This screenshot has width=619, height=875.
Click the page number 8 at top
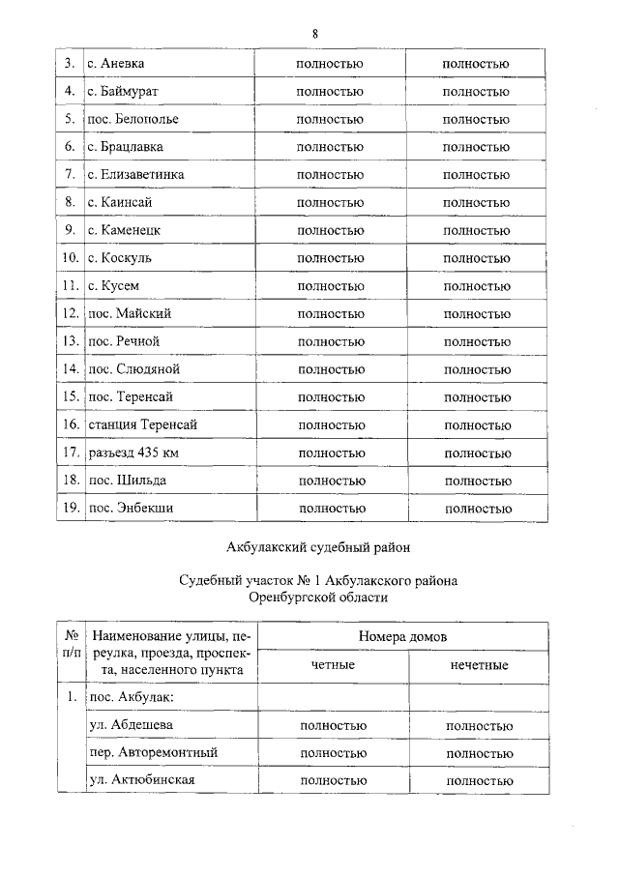tap(315, 34)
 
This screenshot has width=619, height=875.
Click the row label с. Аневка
tap(117, 65)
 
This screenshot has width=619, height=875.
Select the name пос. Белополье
tap(133, 120)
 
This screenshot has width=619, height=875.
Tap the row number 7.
tap(70, 175)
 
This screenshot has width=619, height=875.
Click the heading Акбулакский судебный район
tap(318, 547)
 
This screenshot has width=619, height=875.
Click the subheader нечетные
tap(480, 666)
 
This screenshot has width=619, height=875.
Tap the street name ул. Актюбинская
tap(142, 780)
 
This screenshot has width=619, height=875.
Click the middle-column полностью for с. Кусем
tap(331, 286)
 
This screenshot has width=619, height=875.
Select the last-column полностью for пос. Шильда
tap(477, 481)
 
